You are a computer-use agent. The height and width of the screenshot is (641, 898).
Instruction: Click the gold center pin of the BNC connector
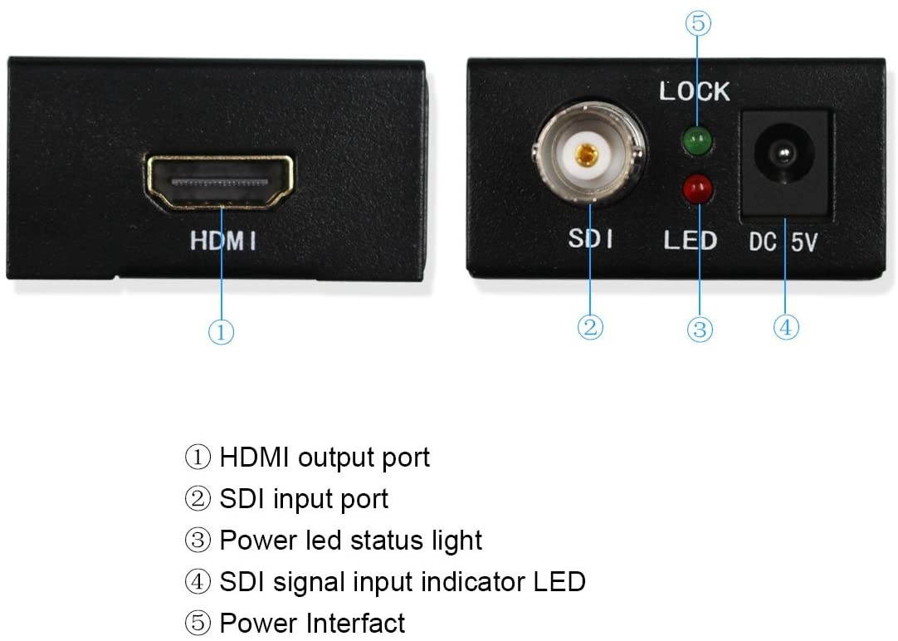[588, 154]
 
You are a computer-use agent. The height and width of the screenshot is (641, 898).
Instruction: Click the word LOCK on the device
[695, 91]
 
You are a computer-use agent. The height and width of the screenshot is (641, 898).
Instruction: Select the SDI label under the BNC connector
[591, 240]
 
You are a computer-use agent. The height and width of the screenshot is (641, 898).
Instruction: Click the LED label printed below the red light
[690, 241]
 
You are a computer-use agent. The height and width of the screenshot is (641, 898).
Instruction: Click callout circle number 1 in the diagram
[221, 332]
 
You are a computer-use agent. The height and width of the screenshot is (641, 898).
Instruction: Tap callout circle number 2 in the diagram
[589, 327]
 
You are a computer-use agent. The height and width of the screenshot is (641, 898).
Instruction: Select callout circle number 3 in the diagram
[700, 330]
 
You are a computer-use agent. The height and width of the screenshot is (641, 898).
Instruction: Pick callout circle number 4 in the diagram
[786, 327]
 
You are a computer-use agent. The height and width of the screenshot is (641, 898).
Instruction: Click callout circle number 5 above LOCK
[698, 23]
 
